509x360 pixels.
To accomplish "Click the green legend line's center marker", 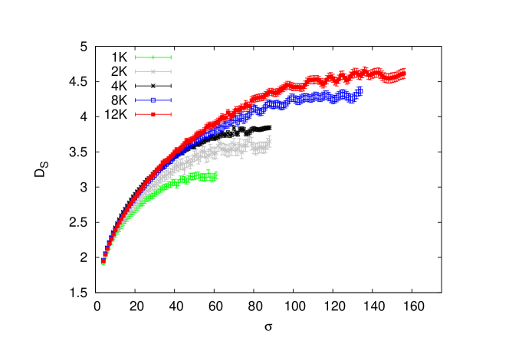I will click(x=153, y=57).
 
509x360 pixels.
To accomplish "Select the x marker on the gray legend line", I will click(x=153, y=71).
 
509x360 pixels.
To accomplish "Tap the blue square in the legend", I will click(x=153, y=100).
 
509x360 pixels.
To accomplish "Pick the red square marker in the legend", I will click(x=153, y=114).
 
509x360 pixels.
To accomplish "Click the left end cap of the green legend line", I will click(x=136, y=57).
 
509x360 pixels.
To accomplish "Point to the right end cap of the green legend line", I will click(x=171, y=57).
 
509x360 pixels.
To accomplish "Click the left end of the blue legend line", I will click(x=136, y=100).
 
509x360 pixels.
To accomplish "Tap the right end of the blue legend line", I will click(x=171, y=100).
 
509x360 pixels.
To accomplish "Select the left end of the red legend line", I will click(x=136, y=114).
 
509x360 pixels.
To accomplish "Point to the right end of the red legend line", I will click(x=171, y=114).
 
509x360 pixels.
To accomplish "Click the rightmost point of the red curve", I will click(x=403, y=74).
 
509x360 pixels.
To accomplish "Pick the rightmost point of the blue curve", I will click(x=360, y=91).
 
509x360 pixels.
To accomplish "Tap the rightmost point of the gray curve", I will click(x=269, y=141).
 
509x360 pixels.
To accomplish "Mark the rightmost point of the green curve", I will click(x=216, y=176).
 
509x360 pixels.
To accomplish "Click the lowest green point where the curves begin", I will click(x=103, y=263).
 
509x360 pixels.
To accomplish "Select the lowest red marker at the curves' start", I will click(x=103, y=259).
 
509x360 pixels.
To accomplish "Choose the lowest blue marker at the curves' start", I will click(x=103, y=261).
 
